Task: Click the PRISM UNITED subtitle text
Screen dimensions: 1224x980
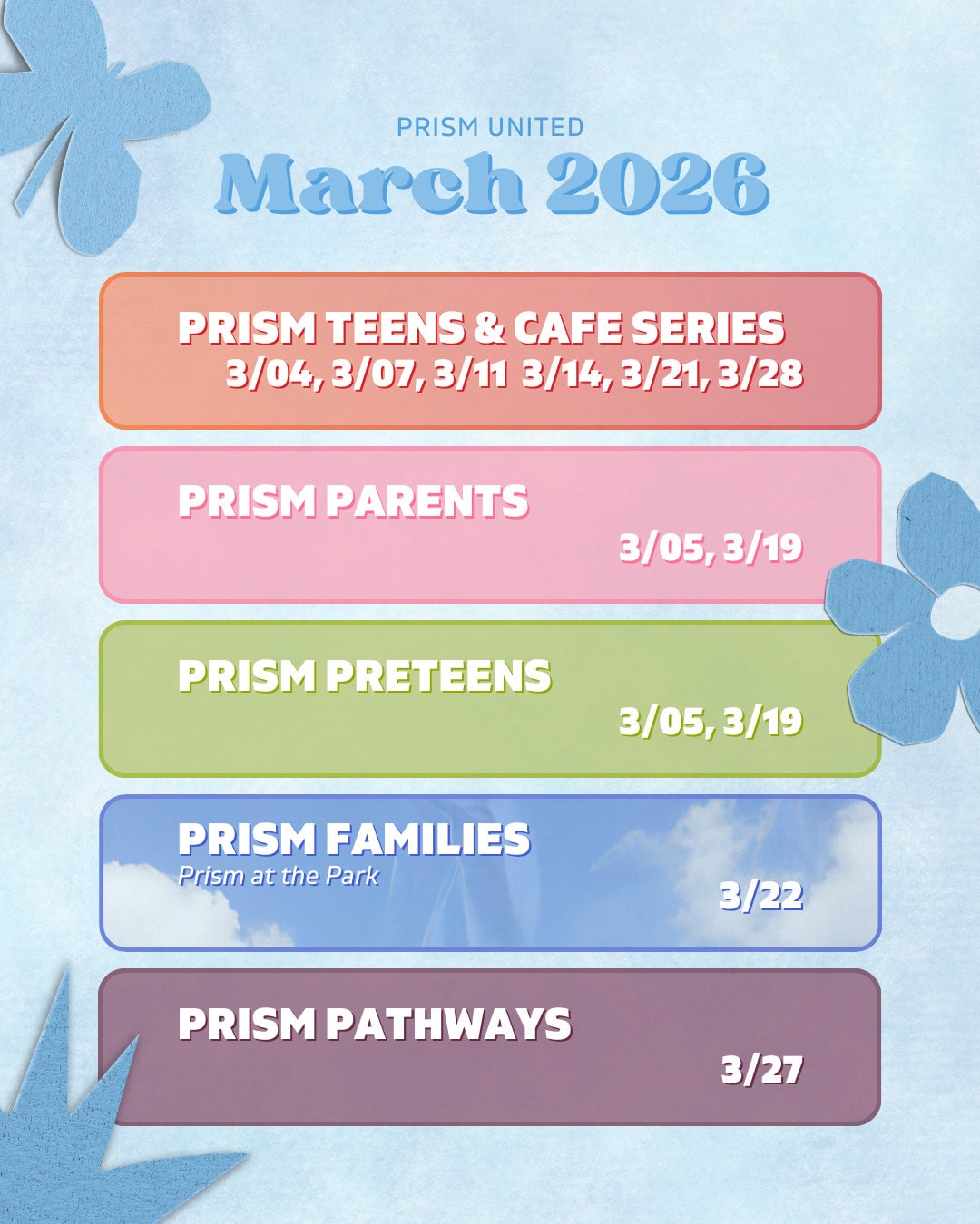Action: (x=490, y=127)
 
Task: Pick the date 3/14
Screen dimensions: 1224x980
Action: (x=566, y=374)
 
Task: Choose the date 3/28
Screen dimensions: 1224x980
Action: (x=760, y=374)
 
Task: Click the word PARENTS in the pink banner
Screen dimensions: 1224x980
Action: (x=426, y=501)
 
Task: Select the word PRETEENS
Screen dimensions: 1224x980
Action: (x=438, y=676)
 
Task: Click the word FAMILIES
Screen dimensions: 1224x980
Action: (x=427, y=840)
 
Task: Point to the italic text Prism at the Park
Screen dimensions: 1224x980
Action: (x=278, y=876)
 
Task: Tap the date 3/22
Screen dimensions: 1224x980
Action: (x=761, y=897)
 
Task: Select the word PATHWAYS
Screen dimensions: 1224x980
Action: (x=448, y=1025)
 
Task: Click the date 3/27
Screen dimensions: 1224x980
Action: (x=761, y=1070)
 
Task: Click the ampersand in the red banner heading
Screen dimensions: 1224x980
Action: (x=489, y=328)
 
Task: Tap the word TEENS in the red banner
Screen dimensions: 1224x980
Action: (x=395, y=328)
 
